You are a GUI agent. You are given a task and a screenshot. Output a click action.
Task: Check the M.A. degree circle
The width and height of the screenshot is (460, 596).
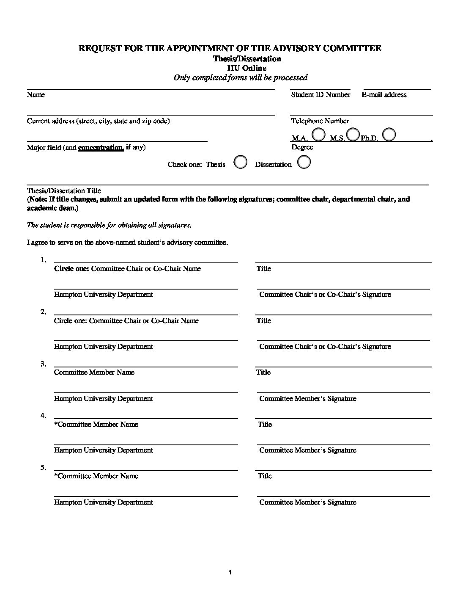[318, 135]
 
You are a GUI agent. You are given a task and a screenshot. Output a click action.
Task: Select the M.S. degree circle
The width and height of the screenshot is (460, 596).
[353, 135]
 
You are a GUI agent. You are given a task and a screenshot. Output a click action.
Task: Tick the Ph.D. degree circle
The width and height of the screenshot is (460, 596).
[389, 135]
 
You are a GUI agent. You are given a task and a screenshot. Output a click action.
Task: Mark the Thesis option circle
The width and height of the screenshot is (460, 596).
[241, 162]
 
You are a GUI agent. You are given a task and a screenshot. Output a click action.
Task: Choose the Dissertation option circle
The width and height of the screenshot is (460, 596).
[304, 162]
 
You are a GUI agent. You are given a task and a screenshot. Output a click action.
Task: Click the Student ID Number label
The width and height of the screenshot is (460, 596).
[320, 95]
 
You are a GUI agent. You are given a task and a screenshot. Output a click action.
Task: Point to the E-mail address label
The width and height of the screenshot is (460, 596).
[384, 95]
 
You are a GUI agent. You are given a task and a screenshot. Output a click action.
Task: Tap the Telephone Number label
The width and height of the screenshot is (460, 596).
[320, 121]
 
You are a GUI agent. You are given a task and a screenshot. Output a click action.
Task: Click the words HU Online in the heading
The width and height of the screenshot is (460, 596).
[247, 68]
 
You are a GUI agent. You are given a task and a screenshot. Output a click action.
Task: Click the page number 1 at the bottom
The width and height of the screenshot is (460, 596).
[230, 573]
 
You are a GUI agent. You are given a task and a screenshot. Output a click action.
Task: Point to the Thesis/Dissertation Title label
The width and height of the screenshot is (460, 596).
[64, 190]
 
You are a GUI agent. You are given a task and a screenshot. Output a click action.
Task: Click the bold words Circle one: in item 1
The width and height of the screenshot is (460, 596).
[71, 268]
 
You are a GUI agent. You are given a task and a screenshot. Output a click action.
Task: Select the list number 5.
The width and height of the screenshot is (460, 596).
[43, 467]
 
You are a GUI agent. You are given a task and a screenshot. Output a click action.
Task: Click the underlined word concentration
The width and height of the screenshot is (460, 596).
[101, 147]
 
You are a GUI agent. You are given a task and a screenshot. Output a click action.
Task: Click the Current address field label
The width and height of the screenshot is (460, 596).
[98, 121]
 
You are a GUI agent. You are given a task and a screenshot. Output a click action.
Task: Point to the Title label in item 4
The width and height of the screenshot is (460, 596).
[265, 424]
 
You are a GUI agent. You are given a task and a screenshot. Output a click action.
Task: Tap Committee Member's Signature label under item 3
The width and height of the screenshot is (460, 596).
[308, 398]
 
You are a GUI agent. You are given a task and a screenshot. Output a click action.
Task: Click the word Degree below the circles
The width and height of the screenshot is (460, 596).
[302, 147]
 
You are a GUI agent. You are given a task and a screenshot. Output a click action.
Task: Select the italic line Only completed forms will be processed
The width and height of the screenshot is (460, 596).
[241, 77]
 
